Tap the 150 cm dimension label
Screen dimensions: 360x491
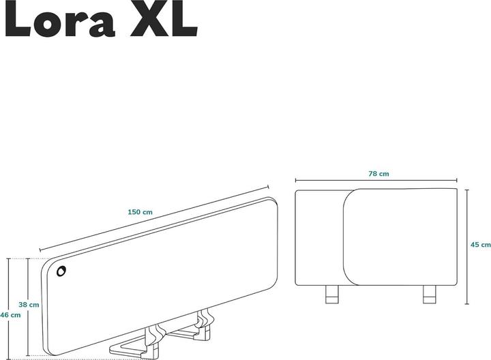(140, 212)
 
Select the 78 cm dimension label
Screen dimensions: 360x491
(378, 174)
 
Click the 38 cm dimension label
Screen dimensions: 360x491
(29, 304)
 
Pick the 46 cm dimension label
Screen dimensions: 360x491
(10, 315)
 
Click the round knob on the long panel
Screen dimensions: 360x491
(62, 272)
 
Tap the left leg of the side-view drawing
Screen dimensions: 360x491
(331, 294)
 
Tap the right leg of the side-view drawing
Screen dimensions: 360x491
(429, 294)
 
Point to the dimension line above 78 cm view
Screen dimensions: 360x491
(375, 181)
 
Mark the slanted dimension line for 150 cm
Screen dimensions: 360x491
(153, 218)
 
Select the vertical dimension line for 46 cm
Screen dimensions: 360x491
(8, 286)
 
